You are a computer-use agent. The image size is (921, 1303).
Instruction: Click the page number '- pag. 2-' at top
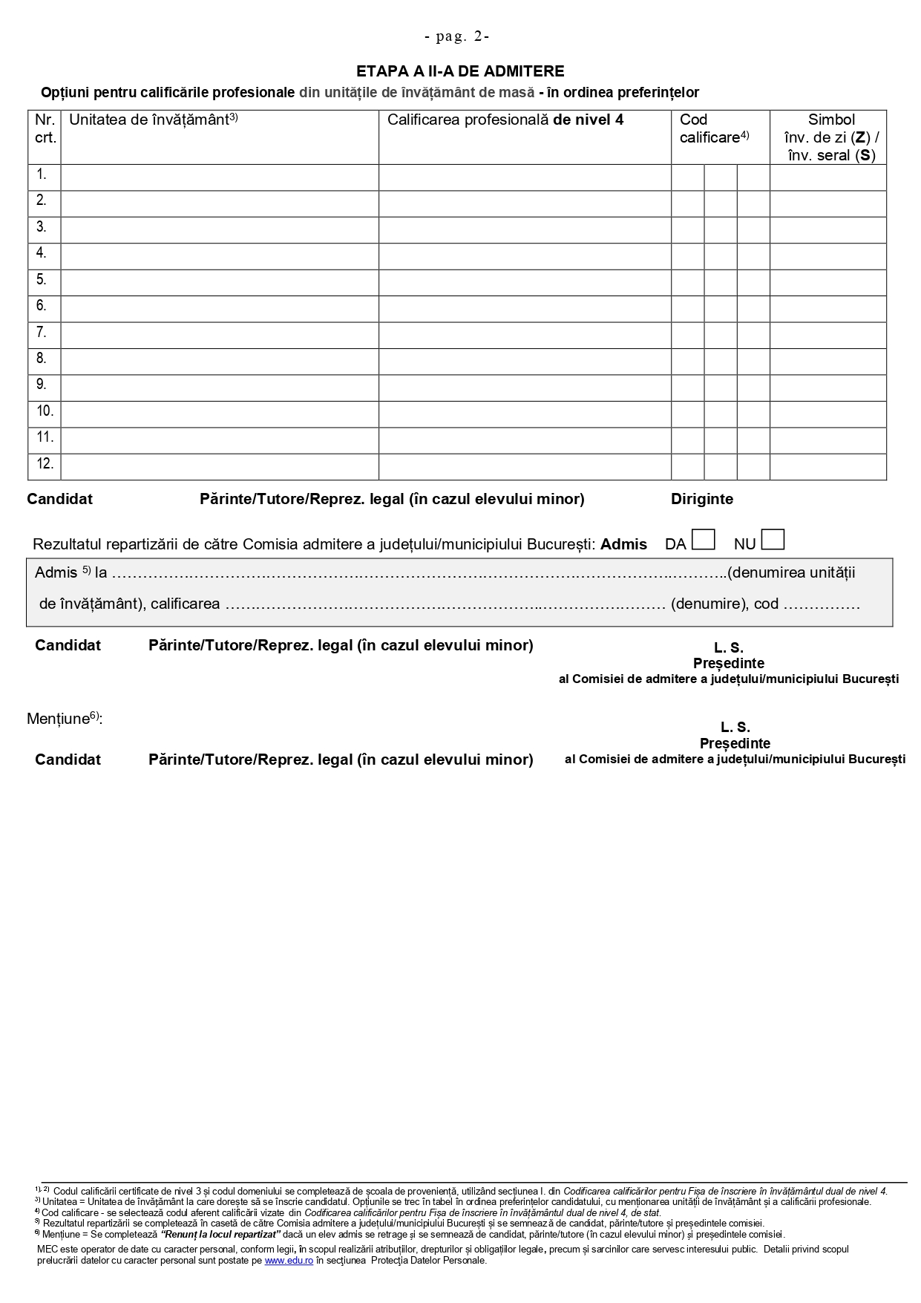456,36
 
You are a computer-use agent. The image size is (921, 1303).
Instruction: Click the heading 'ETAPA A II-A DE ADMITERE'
460,71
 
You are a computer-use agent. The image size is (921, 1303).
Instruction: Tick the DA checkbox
703,540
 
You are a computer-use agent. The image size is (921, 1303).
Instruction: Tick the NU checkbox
773,540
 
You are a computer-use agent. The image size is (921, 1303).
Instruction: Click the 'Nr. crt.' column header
45,128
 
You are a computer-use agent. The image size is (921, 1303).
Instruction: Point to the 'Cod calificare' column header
714,128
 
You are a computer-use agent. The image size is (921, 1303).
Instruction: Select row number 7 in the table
42,333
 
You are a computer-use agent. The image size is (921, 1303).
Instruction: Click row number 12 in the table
45,464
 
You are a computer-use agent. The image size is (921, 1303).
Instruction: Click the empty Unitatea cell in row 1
220,177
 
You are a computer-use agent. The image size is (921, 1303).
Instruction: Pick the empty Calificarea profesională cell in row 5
525,282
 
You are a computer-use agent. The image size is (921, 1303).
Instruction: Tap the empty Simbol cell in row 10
827,414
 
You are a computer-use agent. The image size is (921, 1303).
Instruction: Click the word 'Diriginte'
702,500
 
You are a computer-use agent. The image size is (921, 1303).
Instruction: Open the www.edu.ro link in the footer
288,1260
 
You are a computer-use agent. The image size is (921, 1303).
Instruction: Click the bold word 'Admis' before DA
623,544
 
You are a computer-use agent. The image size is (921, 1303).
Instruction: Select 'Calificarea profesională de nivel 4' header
505,120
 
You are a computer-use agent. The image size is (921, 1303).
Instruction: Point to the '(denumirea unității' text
791,572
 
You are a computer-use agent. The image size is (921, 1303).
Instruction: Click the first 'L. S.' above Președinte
727,648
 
